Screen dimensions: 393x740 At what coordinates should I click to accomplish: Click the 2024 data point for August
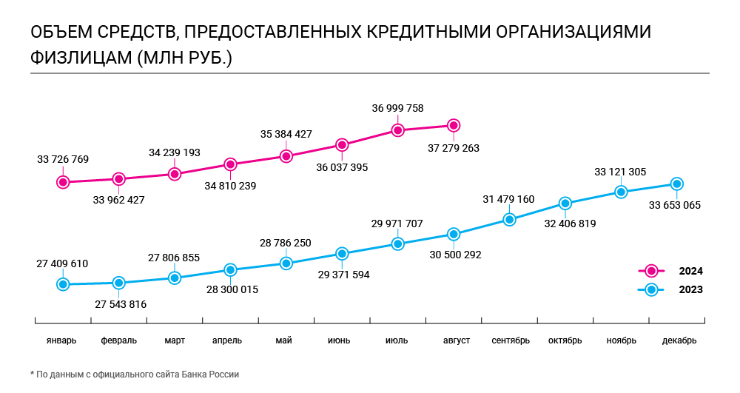coord(454,126)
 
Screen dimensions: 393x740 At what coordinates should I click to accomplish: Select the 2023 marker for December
coord(676,184)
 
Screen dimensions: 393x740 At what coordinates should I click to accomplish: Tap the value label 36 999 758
coord(397,108)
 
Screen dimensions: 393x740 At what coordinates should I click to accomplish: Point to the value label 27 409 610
coord(62,263)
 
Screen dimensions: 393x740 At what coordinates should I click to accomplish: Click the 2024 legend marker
coord(651,271)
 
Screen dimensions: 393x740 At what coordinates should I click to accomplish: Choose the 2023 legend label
coord(690,290)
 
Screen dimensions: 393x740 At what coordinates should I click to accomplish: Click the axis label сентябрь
coord(510,340)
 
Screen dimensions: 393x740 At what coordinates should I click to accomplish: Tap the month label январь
coord(62,340)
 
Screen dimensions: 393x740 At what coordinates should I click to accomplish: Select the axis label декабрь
coord(679,340)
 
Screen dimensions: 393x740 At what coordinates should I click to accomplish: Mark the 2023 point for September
coord(509,219)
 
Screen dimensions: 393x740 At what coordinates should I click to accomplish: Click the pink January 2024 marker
coord(63,181)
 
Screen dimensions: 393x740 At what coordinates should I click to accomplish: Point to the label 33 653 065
coord(675,205)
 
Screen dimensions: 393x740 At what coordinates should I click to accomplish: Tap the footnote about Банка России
coord(135,374)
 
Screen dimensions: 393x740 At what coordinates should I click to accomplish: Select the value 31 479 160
coord(508,199)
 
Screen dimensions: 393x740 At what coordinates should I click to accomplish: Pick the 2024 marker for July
coord(397,130)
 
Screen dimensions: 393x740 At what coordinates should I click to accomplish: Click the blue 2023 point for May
coord(286,263)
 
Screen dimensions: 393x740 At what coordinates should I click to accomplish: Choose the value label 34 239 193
coord(174,152)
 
